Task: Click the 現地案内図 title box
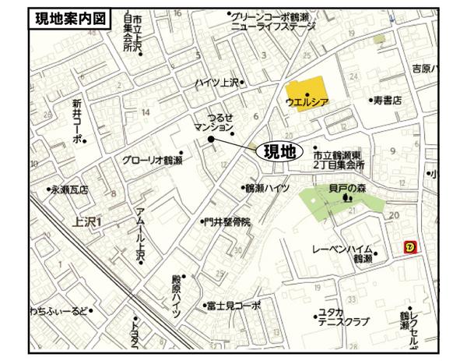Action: coord(67,19)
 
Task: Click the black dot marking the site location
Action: coord(210,139)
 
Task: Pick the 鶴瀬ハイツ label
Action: coord(266,188)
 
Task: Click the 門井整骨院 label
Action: coord(226,222)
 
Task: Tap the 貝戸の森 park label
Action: coord(346,188)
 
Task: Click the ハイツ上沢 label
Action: coord(219,83)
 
